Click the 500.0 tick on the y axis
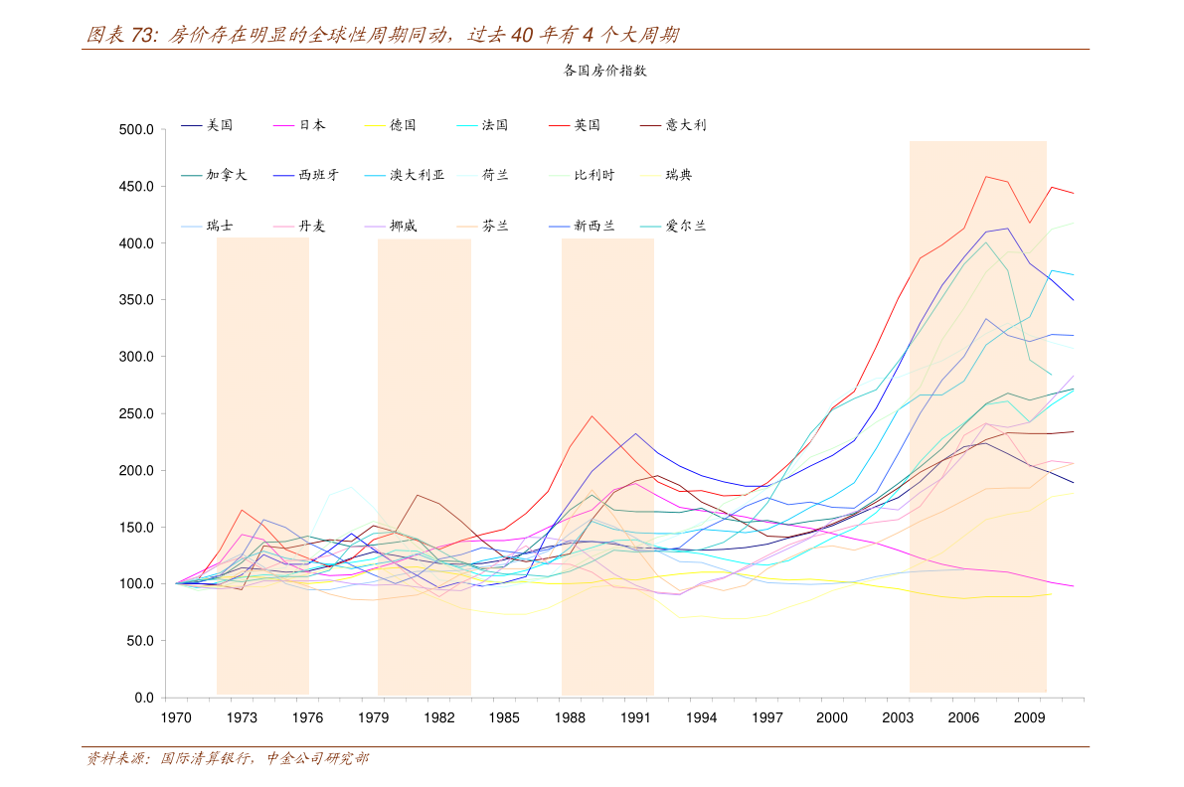coord(134,130)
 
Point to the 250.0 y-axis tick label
coord(134,414)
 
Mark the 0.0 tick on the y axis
coord(142,699)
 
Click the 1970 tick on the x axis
coord(176,717)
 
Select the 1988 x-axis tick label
coord(570,717)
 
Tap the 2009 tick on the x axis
coord(1029,717)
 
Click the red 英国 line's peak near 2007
coord(986,177)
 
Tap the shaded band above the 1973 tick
coord(262,447)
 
